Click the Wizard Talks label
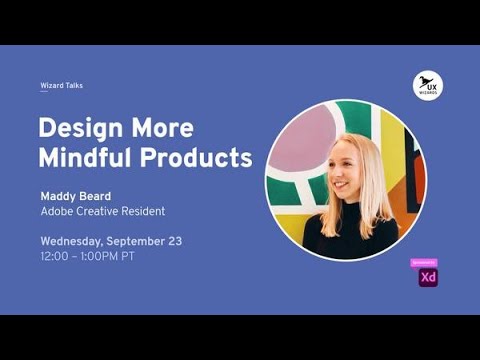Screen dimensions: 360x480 click(61, 86)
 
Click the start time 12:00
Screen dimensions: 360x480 click(54, 256)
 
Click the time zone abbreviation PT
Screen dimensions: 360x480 click(127, 256)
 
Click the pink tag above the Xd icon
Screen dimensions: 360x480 click(425, 262)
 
